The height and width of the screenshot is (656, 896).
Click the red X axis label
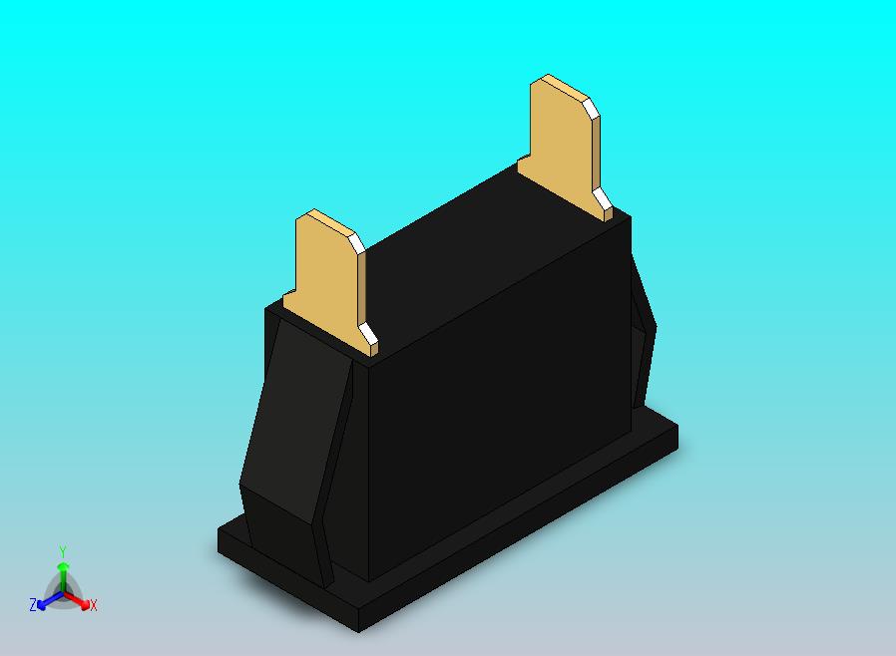pyautogui.click(x=94, y=605)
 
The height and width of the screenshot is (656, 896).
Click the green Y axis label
pyautogui.click(x=62, y=551)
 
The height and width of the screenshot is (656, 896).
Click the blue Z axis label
pyautogui.click(x=33, y=605)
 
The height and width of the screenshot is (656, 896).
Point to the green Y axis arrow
pyautogui.click(x=62, y=570)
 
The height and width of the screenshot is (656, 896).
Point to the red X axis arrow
pyautogui.click(x=82, y=601)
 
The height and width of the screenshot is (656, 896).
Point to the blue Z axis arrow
pyautogui.click(x=44, y=601)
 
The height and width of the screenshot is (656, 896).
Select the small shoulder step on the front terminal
pyautogui.click(x=292, y=297)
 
